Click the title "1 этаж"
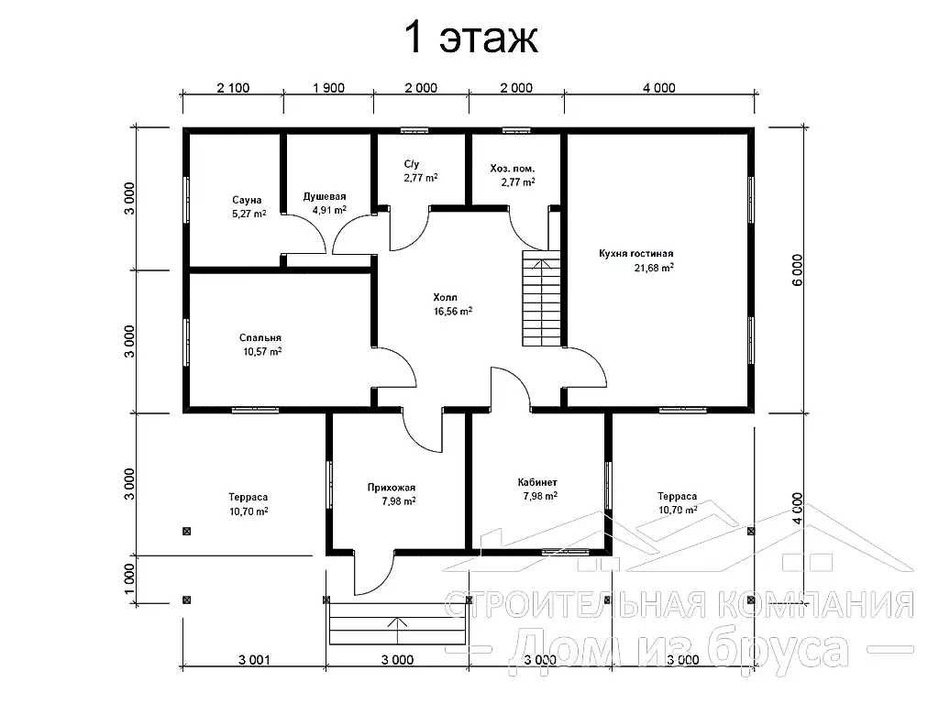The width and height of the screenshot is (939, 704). [471, 37]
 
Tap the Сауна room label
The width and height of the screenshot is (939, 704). [247, 200]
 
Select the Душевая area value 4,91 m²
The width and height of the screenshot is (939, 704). [329, 210]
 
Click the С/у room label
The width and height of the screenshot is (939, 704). [412, 164]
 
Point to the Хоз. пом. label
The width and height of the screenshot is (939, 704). [512, 169]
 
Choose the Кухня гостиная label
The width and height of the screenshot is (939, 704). [636, 254]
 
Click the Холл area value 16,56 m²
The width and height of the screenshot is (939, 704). [453, 312]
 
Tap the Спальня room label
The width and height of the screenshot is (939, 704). [260, 338]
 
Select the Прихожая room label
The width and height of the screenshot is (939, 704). [391, 488]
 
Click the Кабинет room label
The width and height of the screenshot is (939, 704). [537, 482]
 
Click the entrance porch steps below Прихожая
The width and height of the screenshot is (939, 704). [397, 623]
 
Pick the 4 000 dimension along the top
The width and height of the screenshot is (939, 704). [658, 88]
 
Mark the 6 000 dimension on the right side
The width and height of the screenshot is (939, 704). [797, 270]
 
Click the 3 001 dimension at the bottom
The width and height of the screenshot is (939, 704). [254, 660]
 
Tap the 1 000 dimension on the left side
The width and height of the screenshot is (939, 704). [129, 580]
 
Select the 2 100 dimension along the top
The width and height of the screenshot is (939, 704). [233, 88]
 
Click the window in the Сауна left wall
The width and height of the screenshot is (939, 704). [186, 199]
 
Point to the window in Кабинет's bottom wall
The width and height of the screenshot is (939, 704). [565, 552]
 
